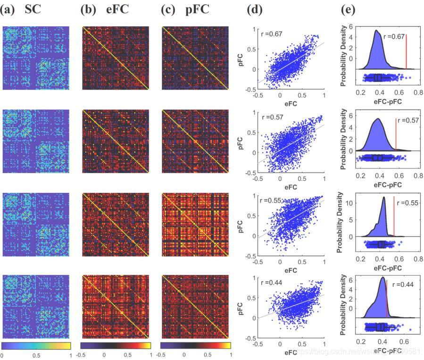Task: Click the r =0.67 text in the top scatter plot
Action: [x=272, y=34]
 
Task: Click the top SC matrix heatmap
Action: [x=36, y=58]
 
